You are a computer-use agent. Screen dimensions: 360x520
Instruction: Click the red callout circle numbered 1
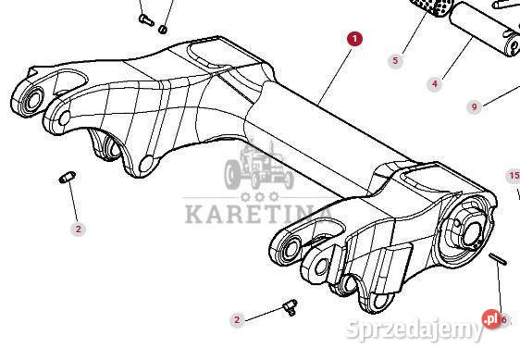[354, 39]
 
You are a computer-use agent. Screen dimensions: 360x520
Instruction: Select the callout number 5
[395, 61]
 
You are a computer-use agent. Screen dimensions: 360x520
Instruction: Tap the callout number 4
[434, 84]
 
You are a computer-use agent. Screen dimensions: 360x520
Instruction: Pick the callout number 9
[475, 107]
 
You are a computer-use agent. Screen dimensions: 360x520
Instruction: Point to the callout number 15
[514, 175]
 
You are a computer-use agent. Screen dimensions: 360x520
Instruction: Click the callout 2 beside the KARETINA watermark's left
[78, 228]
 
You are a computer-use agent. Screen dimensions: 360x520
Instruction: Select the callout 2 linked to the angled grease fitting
[237, 319]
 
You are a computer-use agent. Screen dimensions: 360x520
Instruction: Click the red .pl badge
[490, 320]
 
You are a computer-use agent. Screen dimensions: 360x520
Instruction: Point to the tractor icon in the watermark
[252, 169]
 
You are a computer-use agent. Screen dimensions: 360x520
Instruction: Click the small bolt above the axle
[143, 17]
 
